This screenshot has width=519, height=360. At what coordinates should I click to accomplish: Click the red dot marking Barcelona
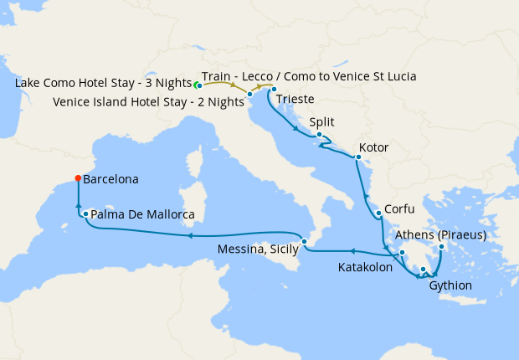pos(78,177)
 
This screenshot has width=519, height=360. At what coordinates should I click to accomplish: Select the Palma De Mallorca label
pos(142,215)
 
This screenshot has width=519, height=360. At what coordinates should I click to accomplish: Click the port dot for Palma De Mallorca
pos(86,214)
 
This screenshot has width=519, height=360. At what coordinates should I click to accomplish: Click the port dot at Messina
pos(306,242)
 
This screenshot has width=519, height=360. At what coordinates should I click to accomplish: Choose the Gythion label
pos(450,285)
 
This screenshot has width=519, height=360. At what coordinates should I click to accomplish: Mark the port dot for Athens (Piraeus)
pos(441,247)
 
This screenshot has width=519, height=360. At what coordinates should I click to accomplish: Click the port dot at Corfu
pos(379,213)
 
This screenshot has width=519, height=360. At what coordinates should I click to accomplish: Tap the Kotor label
pos(373,148)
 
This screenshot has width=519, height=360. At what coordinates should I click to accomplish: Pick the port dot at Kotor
pos(358,157)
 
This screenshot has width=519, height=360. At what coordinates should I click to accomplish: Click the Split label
pos(321,121)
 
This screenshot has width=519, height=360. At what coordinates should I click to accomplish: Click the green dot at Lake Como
pos(198,85)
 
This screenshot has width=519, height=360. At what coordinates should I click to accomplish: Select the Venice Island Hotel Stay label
pos(147,101)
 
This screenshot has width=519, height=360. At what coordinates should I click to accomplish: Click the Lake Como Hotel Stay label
pos(103,85)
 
